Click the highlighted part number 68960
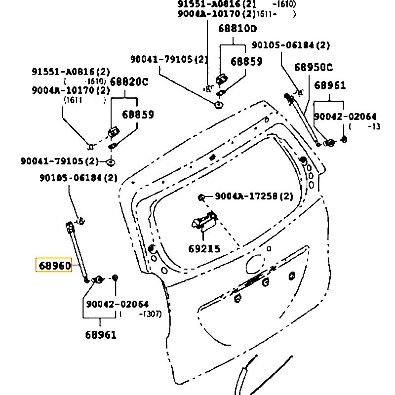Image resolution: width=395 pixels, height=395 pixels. click(54, 266)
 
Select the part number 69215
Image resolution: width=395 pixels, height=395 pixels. click(204, 249)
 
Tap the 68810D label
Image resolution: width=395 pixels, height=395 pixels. click(238, 29)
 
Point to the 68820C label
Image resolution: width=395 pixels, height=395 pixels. click(129, 82)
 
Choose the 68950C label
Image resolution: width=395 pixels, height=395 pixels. click(314, 67)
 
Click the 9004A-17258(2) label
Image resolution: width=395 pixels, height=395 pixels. click(254, 197)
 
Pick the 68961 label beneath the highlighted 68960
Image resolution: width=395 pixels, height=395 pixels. click(101, 335)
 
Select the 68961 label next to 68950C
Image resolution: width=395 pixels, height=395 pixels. click(330, 85)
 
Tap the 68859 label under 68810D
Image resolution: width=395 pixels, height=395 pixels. click(247, 62)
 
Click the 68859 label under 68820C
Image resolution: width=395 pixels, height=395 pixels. click(138, 115)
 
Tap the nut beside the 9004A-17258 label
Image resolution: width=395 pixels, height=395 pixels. click(201, 197)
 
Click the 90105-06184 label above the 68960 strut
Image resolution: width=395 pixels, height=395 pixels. click(78, 177)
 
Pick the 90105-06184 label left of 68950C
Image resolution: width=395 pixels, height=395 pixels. click(290, 45)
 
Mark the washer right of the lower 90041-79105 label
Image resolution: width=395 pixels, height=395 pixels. click(111, 161)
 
